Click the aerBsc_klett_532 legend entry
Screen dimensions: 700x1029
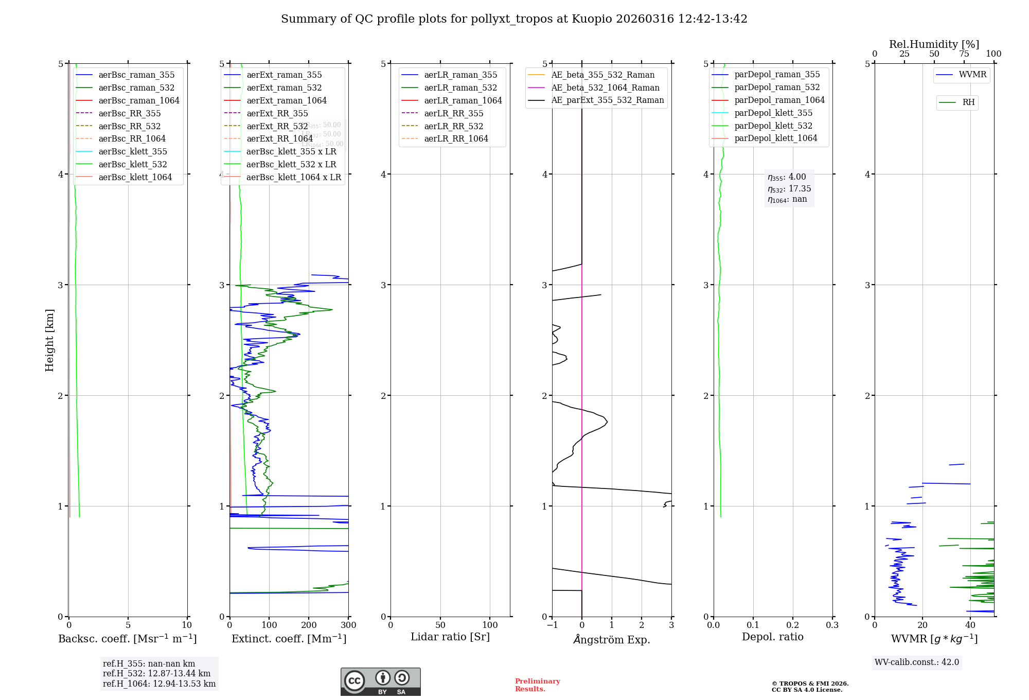tap(132, 164)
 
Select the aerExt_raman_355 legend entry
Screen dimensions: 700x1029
tap(284, 75)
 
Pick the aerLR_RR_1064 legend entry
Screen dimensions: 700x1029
tap(456, 139)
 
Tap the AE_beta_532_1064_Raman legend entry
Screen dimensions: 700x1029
tap(605, 87)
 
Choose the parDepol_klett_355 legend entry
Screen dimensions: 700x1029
tap(773, 113)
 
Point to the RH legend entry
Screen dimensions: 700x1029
tap(968, 102)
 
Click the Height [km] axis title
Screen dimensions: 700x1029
tap(49, 340)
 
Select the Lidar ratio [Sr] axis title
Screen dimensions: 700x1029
tap(450, 637)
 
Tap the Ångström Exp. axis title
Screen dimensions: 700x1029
tap(612, 639)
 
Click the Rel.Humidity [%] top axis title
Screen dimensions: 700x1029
tap(934, 44)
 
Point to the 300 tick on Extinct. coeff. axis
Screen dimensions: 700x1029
tap(349, 625)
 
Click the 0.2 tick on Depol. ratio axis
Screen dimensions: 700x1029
tap(793, 625)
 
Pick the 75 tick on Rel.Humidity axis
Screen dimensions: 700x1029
tap(964, 54)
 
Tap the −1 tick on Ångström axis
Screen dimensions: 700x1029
tap(552, 625)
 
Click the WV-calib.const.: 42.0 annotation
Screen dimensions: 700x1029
tap(917, 662)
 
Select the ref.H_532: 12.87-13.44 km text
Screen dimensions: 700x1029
tap(156, 673)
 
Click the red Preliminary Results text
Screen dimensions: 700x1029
tap(537, 685)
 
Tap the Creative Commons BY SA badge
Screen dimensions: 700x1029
tap(380, 682)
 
